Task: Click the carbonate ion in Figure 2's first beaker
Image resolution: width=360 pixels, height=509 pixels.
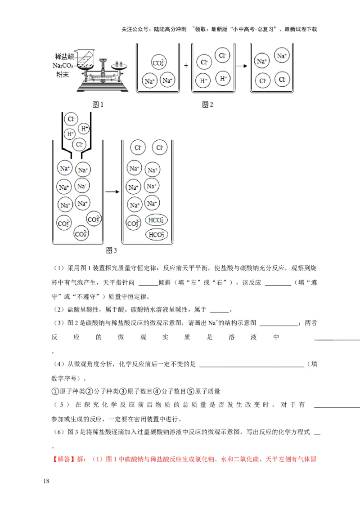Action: (x=158, y=63)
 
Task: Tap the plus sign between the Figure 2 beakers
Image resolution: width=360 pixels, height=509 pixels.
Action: (x=185, y=65)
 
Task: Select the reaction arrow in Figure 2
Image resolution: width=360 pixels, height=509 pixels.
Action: (x=242, y=66)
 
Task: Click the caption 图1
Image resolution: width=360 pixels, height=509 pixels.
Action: (x=98, y=105)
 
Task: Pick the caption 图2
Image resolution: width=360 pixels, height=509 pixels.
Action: (x=207, y=105)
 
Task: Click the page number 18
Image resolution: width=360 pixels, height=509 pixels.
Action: (x=46, y=481)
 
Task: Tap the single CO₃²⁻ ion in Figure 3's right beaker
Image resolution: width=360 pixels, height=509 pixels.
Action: (x=134, y=223)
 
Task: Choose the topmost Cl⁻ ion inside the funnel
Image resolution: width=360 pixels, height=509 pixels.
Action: (x=70, y=119)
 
